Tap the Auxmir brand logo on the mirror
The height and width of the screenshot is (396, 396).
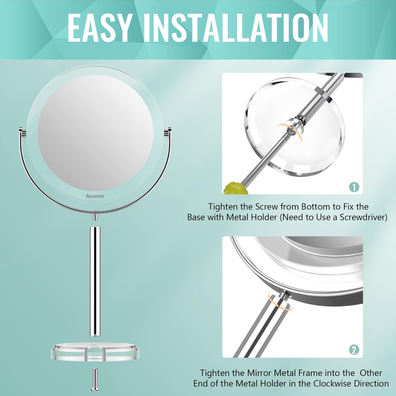pyautogui.click(x=95, y=196)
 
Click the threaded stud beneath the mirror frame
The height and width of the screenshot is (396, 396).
pyautogui.click(x=95, y=217)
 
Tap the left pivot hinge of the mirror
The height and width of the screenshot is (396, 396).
pyautogui.click(x=22, y=132)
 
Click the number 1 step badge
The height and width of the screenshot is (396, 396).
pyautogui.click(x=354, y=187)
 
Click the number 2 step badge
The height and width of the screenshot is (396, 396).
pyautogui.click(x=354, y=350)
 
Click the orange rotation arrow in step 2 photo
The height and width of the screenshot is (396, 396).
pyautogui.click(x=280, y=301)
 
